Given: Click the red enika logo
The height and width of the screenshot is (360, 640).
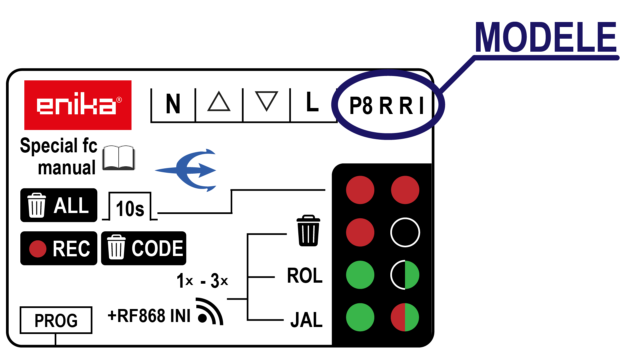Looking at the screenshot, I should click(x=78, y=105).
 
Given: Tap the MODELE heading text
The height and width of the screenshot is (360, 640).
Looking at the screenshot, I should click(x=546, y=37).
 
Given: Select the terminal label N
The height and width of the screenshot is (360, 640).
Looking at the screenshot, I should click(x=173, y=104).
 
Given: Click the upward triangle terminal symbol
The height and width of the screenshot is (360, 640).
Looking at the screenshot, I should click(x=219, y=102).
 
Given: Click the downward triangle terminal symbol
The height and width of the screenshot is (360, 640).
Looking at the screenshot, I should click(x=266, y=101).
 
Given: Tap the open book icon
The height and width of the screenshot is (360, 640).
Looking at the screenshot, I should click(x=119, y=158).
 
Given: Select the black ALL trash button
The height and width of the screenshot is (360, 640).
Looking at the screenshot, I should click(x=59, y=205).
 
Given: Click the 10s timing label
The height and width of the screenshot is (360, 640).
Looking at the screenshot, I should click(x=130, y=209).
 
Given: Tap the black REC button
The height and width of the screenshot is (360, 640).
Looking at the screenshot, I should click(x=59, y=248).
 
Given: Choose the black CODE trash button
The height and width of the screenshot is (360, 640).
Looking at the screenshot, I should click(x=144, y=248).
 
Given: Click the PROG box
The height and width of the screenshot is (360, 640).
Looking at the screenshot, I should click(x=56, y=320).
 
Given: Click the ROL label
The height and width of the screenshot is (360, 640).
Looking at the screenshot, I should click(x=305, y=276).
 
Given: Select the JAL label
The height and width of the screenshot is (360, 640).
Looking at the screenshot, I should click(x=306, y=320).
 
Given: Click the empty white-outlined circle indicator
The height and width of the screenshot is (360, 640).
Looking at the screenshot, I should click(x=405, y=232).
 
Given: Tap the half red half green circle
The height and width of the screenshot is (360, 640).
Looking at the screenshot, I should click(x=405, y=317).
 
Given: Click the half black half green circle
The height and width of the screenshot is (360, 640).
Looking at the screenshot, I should click(x=405, y=275).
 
